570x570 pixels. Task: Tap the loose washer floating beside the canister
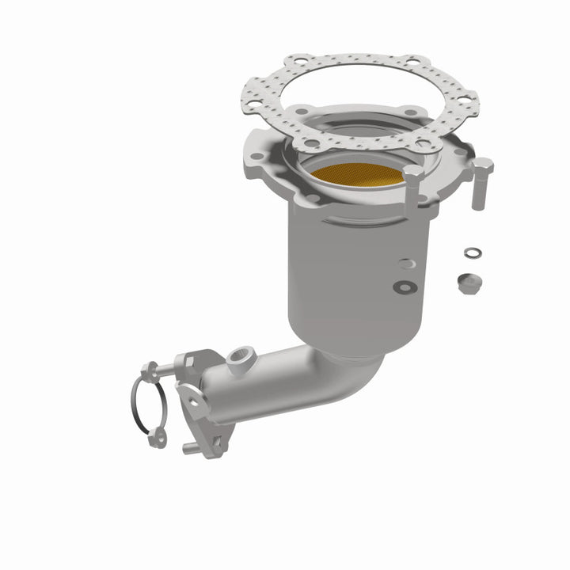[x=472, y=253]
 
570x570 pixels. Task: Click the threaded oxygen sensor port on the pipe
[x=237, y=363]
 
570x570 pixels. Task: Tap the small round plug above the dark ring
[x=406, y=264]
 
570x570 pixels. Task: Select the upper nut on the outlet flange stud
[x=150, y=367]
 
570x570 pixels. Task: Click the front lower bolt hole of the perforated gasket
[x=312, y=143]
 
